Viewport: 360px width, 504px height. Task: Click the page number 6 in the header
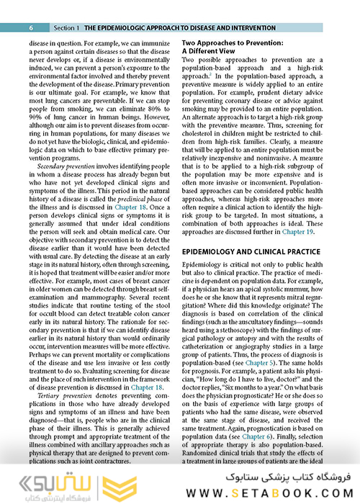coord(32,27)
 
